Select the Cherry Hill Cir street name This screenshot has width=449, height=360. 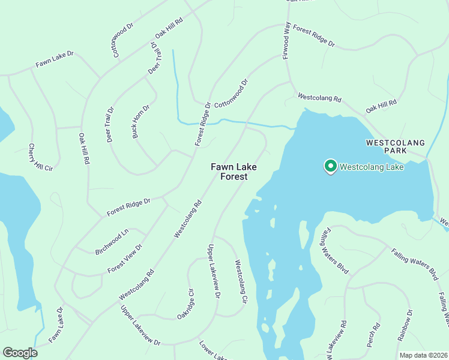coord(41,158)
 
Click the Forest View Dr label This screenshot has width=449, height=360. coord(125,259)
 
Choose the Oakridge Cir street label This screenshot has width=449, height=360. coord(185,304)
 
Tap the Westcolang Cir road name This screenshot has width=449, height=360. coord(241,281)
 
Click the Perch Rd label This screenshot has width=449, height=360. coord(376,334)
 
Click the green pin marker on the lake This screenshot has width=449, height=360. coord(330,166)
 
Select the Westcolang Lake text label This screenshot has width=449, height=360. coord(372,167)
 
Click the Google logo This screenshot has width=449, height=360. coord(20,353)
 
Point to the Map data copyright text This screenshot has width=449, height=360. coord(423,355)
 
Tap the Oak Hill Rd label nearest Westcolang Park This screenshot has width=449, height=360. coord(381,107)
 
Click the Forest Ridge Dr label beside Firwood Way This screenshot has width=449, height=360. coord(313,37)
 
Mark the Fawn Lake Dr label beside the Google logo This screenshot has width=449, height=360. coord(56,325)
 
